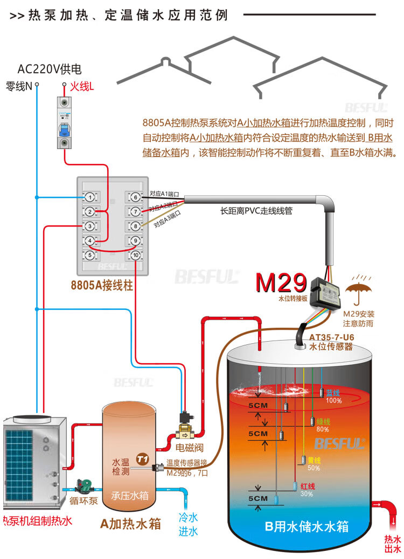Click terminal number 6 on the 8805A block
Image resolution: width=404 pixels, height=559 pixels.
click(x=135, y=197)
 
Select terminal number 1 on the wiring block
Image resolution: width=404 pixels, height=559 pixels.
click(x=90, y=197)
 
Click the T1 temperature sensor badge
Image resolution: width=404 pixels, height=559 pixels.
click(x=142, y=459)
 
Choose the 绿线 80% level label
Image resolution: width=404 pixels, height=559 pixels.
click(x=323, y=425)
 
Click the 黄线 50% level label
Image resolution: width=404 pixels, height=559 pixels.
click(x=314, y=464)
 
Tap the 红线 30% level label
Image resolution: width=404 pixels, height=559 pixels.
click(x=307, y=490)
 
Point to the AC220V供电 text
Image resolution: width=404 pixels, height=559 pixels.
click(x=50, y=69)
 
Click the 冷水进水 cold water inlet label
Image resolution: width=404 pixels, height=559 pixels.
click(x=189, y=525)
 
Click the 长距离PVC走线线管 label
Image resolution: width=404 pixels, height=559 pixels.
click(x=257, y=211)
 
